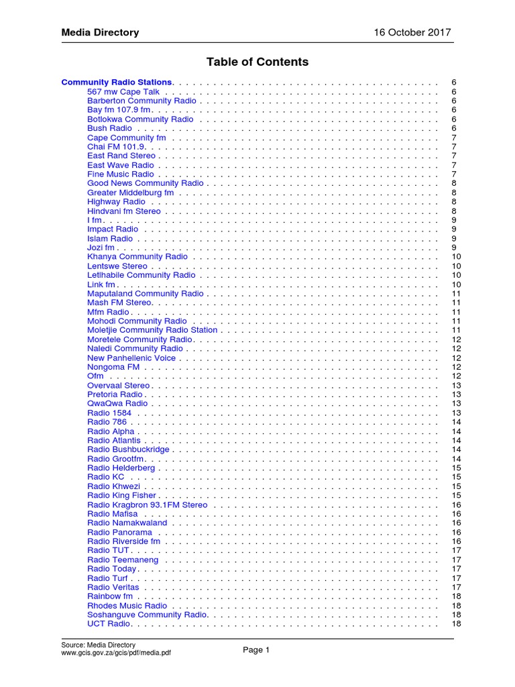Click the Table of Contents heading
point(257,62)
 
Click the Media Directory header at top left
point(100,32)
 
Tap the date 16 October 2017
point(411,32)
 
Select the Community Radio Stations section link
point(117,82)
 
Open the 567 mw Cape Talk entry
point(125,91)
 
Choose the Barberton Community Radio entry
point(142,101)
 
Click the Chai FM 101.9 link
point(116,146)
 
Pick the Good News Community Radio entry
point(146,183)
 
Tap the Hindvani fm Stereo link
point(124,211)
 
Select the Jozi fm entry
point(101,248)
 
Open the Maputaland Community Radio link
point(146,293)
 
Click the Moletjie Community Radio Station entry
point(152,330)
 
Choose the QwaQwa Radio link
point(117,403)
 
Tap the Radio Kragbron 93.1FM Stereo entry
point(148,505)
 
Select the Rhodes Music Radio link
point(127,606)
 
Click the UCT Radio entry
point(109,624)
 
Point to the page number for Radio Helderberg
point(456,468)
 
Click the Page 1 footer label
point(256,649)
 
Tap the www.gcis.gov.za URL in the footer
point(115,653)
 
